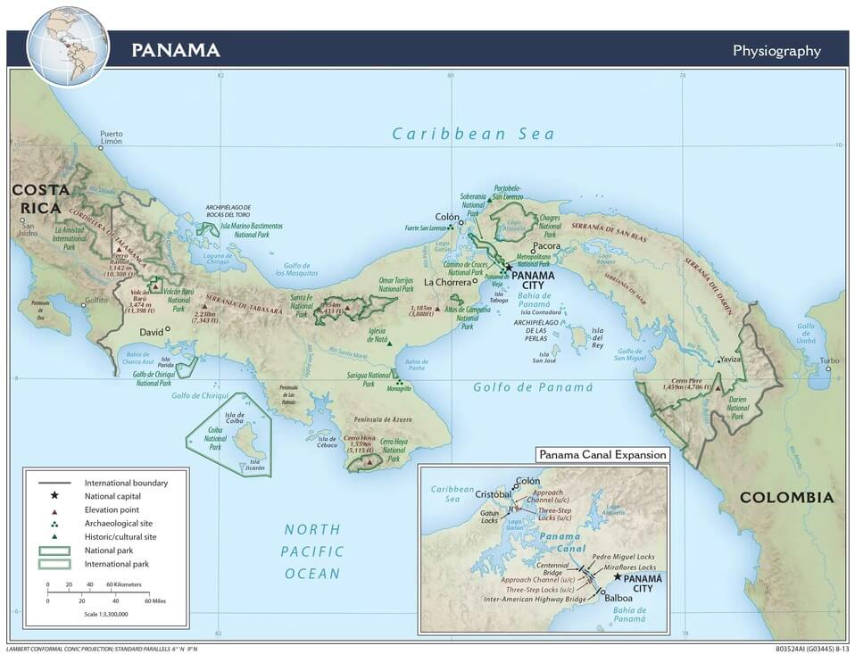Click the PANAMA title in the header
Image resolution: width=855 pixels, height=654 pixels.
point(175,49)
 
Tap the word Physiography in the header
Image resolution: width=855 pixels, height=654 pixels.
point(776,51)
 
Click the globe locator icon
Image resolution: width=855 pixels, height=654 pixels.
point(68,46)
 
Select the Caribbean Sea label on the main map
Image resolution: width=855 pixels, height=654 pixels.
point(473,135)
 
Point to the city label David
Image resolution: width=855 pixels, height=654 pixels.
point(151,332)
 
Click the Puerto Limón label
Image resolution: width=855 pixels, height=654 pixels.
point(111,137)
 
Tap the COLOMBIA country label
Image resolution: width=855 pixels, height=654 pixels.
point(786,498)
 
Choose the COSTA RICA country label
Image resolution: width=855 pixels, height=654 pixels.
point(36,199)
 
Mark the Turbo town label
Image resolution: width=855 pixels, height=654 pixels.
point(829,361)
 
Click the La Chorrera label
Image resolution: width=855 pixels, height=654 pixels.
point(446,282)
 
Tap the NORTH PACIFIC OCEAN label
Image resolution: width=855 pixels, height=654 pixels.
point(312,551)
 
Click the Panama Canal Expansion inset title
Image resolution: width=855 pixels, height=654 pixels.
point(602,455)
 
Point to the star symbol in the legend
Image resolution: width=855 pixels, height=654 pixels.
point(54,495)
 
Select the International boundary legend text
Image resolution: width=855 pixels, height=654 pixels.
point(126,483)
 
